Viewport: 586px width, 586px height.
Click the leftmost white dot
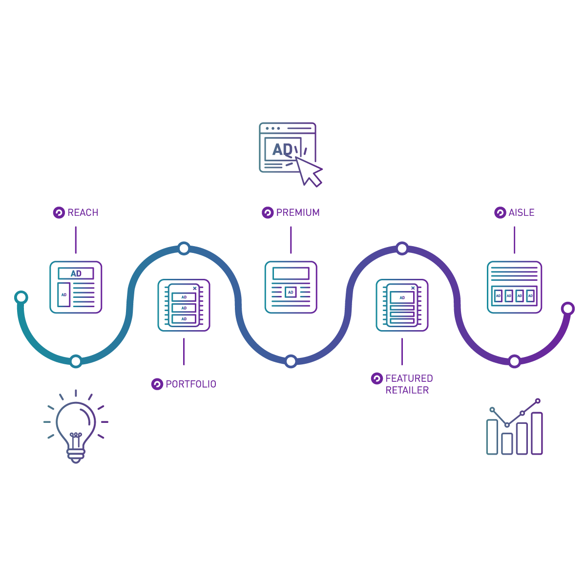click(21, 297)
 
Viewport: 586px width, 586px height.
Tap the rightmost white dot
click(567, 309)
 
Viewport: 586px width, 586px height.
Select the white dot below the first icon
click(76, 361)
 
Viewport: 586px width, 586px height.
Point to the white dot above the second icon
click(184, 249)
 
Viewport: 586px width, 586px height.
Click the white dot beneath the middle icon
click(291, 361)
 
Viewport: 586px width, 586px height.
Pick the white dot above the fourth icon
click(402, 249)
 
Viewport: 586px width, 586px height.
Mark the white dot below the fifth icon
click(514, 361)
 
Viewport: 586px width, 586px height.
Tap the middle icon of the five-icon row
click(292, 293)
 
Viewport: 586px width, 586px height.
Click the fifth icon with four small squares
click(514, 296)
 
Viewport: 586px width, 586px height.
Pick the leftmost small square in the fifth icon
click(500, 296)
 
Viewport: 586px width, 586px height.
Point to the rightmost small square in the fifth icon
click(529, 296)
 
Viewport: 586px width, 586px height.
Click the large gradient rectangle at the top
click(420, 154)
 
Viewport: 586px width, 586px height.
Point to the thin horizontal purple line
click(317, 212)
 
